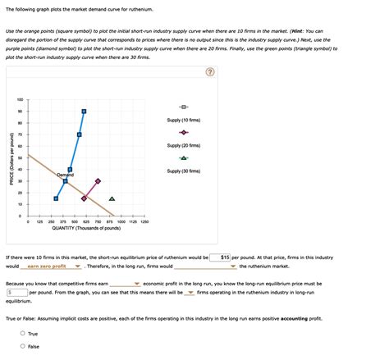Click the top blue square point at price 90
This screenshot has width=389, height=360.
pyautogui.click(x=84, y=111)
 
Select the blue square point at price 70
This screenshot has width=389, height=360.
pyautogui.click(x=80, y=134)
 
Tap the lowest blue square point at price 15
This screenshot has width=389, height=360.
pyautogui.click(x=56, y=198)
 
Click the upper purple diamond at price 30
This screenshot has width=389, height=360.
pyautogui.click(x=98, y=181)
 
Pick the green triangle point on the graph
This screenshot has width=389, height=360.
pyautogui.click(x=112, y=198)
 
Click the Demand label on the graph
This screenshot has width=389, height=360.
pyautogui.click(x=66, y=175)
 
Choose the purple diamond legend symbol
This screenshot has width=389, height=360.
pyautogui.click(x=184, y=133)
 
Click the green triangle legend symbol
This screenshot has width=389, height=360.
pyautogui.click(x=184, y=158)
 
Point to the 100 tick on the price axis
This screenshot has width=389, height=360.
pyautogui.click(x=20, y=99)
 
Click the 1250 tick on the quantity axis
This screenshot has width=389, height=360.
pyautogui.click(x=144, y=221)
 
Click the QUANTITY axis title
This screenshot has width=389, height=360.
pyautogui.click(x=87, y=229)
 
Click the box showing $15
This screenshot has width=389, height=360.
pyautogui.click(x=220, y=257)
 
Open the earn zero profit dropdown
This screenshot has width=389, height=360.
pyautogui.click(x=54, y=267)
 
